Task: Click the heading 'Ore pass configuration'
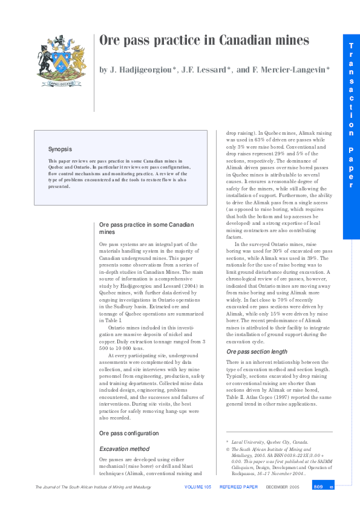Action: coord(128,433)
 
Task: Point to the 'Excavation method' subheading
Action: coord(124,449)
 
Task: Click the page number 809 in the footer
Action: coord(318,487)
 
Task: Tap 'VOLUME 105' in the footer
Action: coord(198,487)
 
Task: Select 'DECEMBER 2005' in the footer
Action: coord(282,487)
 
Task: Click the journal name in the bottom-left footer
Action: coord(91,487)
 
